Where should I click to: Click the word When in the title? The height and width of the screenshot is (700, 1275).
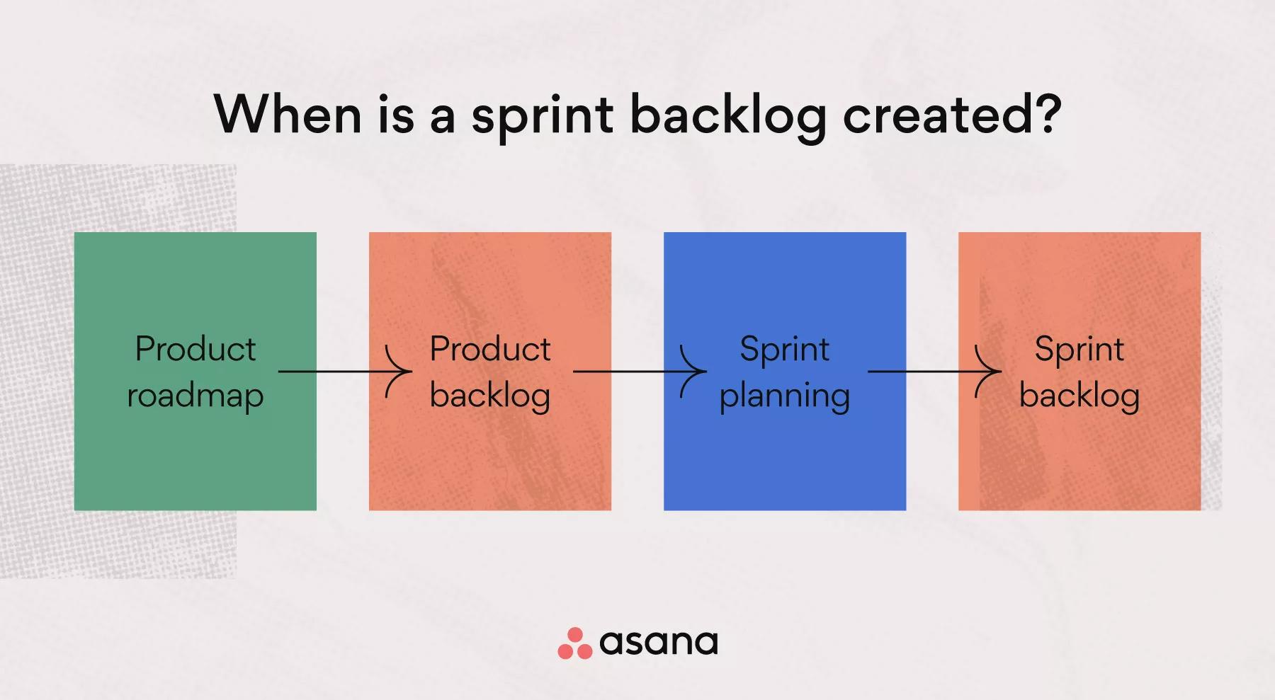[x=288, y=114]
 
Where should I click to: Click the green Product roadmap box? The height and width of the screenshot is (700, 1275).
[x=195, y=371]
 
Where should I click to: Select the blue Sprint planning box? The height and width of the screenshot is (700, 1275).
[x=785, y=371]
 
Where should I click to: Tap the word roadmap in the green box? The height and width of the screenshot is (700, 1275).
[x=195, y=396]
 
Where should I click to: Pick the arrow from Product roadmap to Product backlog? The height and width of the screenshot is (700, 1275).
[x=345, y=372]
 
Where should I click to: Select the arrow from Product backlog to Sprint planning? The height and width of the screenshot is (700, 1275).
[x=640, y=372]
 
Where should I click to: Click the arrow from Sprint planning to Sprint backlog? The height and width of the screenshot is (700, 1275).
[x=935, y=372]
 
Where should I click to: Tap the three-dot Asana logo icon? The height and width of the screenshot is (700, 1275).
[x=575, y=643]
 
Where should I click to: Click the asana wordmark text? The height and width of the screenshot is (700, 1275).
[x=659, y=643]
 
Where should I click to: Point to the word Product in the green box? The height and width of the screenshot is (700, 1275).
[x=195, y=349]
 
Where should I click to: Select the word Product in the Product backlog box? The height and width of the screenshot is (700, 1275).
[x=490, y=349]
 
